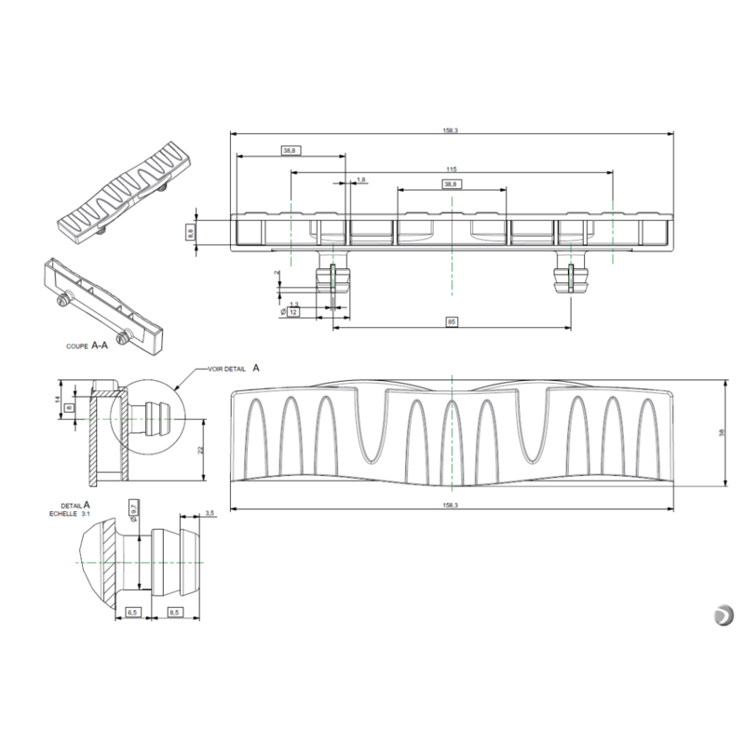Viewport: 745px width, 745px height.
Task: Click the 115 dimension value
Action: point(450,169)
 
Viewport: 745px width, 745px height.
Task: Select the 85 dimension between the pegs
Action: point(451,322)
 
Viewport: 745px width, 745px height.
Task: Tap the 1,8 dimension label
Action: point(361,179)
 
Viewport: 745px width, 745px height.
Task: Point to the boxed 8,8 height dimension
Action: point(190,233)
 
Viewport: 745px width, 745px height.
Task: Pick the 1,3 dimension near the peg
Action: point(294,305)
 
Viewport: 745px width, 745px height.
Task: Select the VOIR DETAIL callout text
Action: point(229,369)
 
